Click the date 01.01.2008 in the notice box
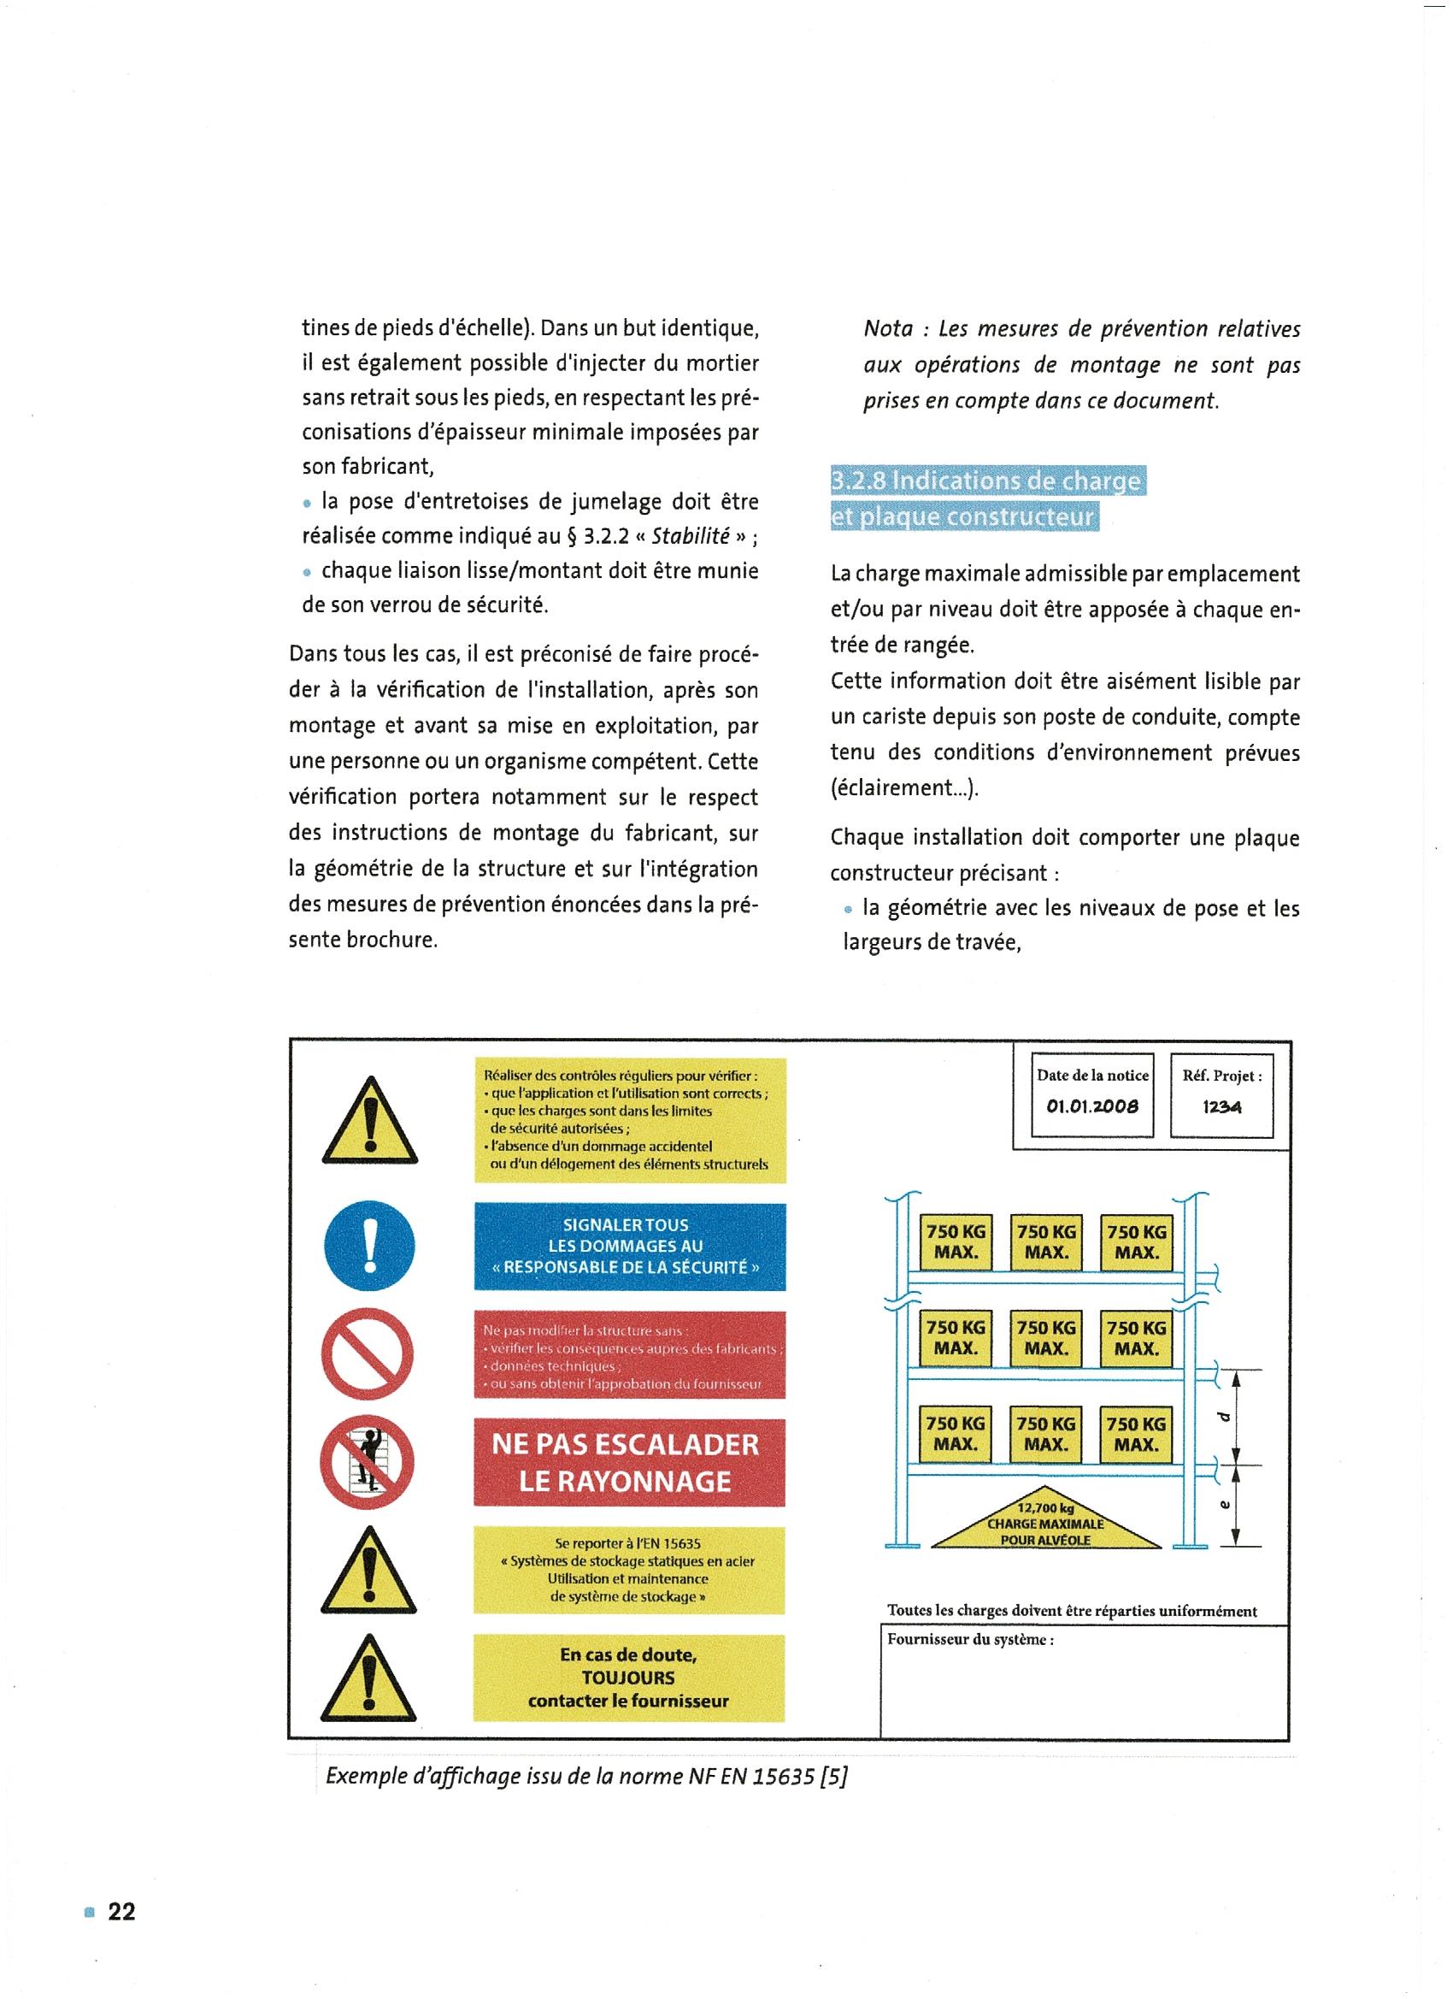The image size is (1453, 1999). (1092, 1106)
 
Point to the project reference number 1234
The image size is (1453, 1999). (1221, 1106)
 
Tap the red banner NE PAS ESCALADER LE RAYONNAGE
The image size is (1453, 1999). (628, 1462)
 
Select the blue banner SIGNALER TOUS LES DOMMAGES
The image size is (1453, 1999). (628, 1247)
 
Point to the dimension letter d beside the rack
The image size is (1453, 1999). (1222, 1418)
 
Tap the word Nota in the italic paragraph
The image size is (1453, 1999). (888, 330)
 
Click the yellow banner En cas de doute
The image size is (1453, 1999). (628, 1678)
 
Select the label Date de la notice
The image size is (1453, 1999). (1092, 1076)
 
